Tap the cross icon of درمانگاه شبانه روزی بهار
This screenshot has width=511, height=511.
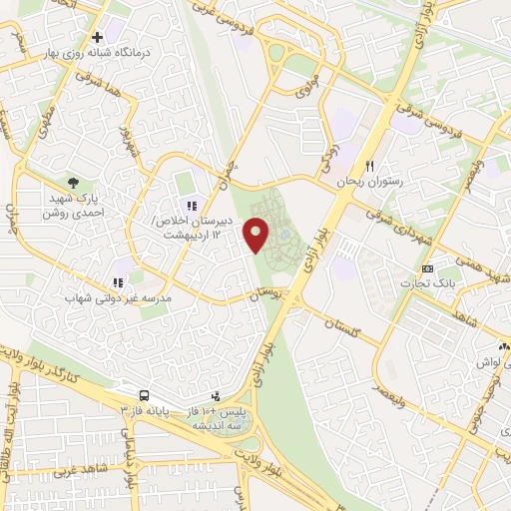97,38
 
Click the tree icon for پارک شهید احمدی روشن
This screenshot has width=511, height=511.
73,183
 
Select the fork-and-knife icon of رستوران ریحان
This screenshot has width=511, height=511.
370,166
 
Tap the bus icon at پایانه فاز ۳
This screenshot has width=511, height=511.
145,395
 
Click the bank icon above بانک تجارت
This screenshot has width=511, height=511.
428,268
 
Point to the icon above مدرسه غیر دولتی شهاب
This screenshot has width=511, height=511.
117,282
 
